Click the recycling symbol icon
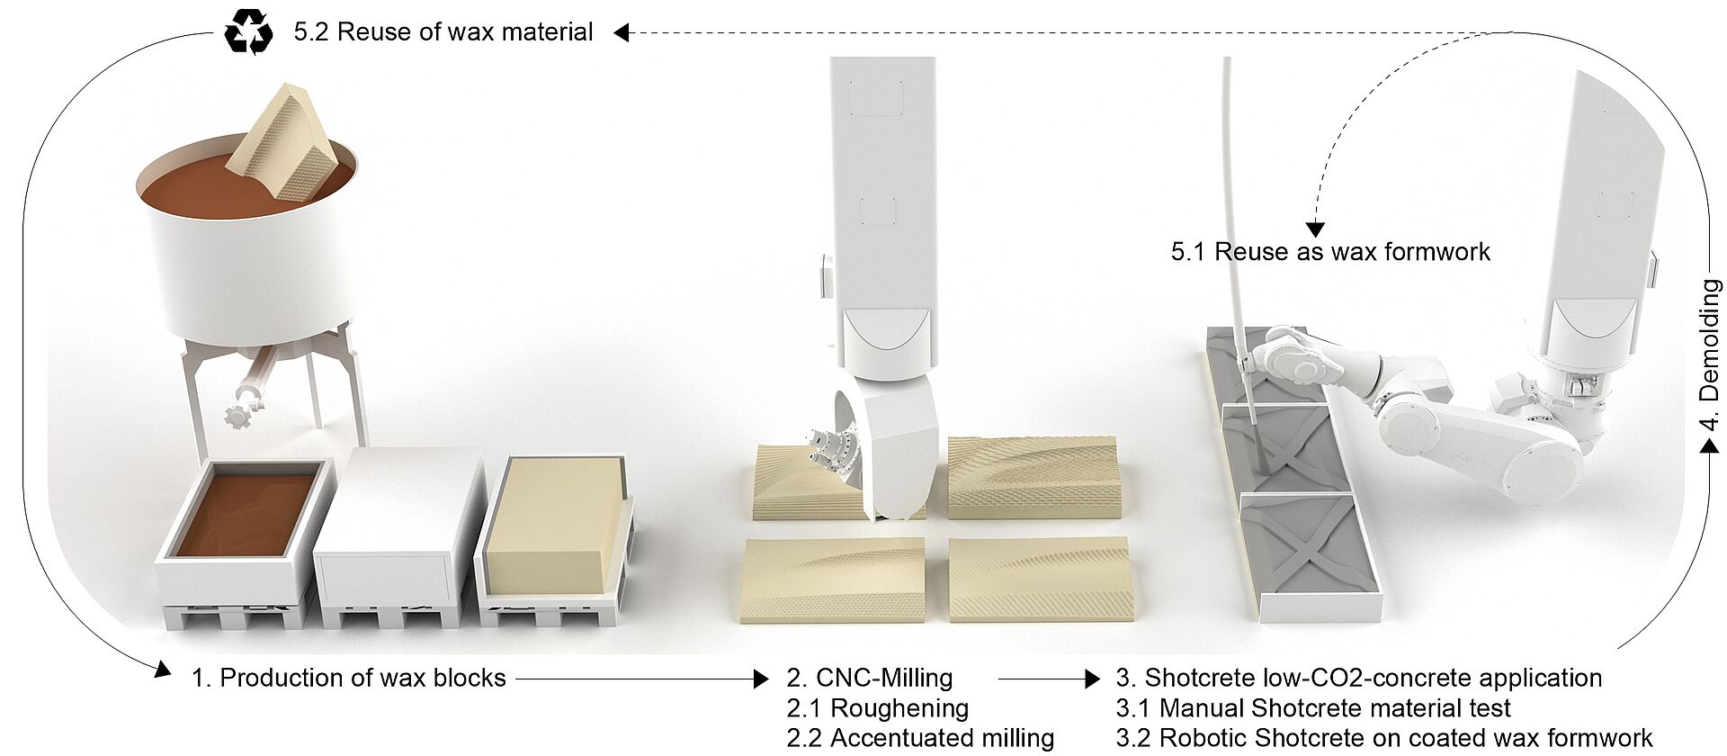[x=248, y=33]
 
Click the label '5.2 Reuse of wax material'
[x=443, y=32]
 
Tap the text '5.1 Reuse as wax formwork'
[x=1330, y=251]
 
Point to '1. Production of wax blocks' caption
[x=349, y=678]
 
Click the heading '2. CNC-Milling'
[x=869, y=678]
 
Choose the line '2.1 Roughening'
[x=877, y=708]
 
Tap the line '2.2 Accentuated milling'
[x=920, y=738]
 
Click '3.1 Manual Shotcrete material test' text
[x=1313, y=708]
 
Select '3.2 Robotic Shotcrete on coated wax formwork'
[x=1384, y=738]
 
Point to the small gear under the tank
[x=236, y=418]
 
